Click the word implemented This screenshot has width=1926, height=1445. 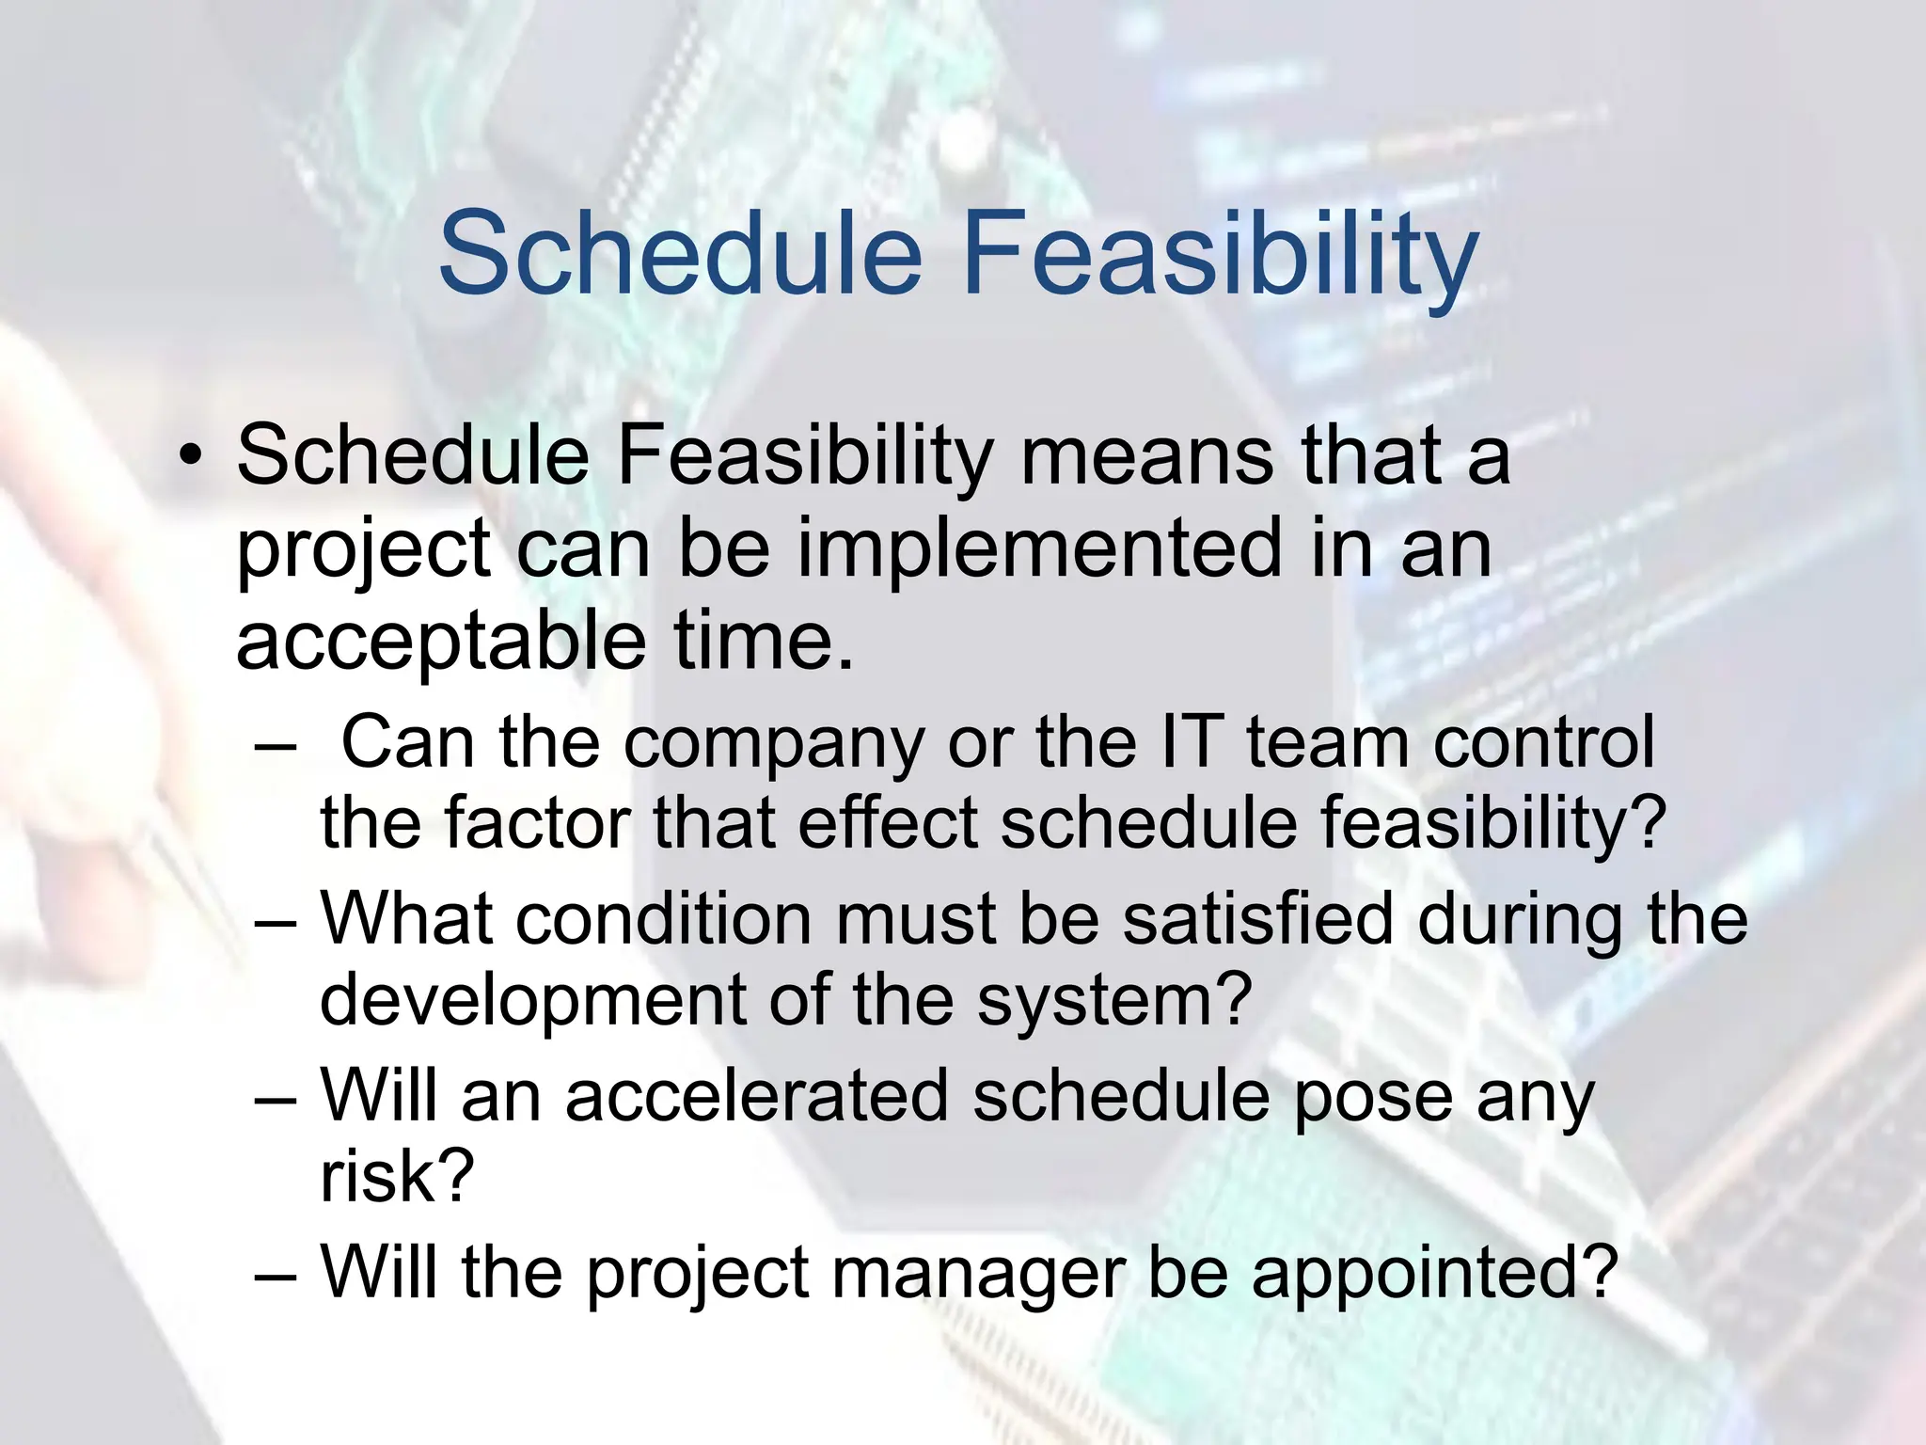click(1040, 549)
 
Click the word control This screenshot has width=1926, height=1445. click(1543, 742)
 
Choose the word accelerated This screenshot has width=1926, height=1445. click(756, 1096)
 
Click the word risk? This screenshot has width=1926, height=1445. click(396, 1177)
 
